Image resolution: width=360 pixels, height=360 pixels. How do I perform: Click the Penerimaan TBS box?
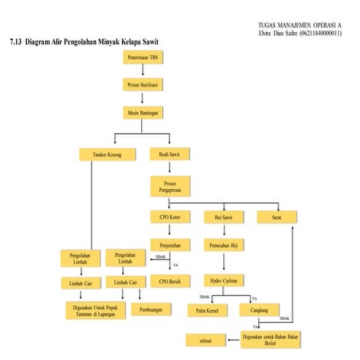coord(143,57)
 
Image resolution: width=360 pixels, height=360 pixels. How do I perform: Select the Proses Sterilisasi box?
coord(143,85)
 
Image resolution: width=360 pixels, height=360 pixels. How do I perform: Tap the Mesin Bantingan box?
coord(143,113)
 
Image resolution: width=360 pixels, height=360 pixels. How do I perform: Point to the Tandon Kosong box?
coord(100,154)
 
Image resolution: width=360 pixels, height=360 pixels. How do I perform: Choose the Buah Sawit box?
coord(169,154)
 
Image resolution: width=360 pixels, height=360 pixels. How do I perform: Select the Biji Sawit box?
coord(223,217)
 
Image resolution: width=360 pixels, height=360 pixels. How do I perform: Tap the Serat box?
coord(276,217)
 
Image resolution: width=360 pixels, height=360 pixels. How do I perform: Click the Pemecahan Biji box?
coord(223,245)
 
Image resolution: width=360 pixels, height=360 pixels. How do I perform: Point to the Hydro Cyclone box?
coord(223,280)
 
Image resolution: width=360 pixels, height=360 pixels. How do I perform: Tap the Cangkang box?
coord(255,311)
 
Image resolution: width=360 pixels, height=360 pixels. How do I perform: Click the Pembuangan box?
coord(151,309)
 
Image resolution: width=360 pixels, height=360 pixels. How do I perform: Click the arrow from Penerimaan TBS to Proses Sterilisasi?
coord(143,71)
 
